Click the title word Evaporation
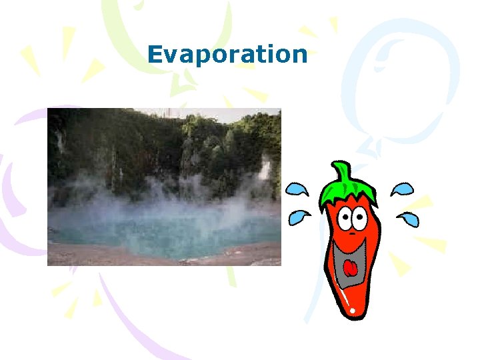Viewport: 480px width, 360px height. [x=227, y=55]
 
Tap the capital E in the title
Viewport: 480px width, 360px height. [x=155, y=54]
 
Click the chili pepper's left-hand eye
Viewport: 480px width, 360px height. [x=344, y=217]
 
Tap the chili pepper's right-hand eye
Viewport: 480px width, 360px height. [x=360, y=215]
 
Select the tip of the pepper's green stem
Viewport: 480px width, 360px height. [x=340, y=164]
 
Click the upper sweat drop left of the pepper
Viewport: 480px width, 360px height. [x=297, y=190]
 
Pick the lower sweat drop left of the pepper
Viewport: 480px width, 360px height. [x=300, y=217]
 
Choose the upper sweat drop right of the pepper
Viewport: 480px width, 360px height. [x=401, y=190]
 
